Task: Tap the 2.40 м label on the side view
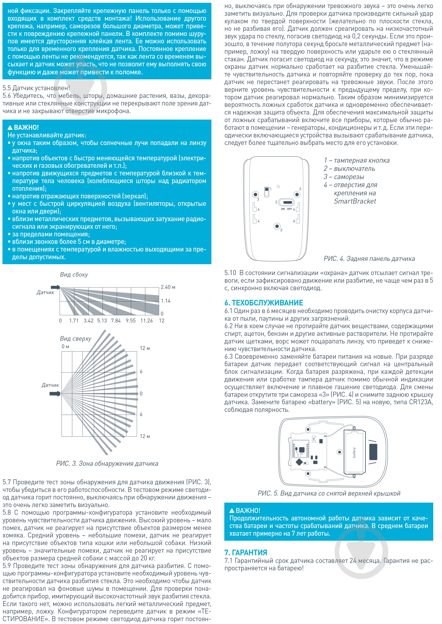point(168,287)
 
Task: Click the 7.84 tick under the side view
point(116,321)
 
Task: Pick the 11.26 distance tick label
point(146,321)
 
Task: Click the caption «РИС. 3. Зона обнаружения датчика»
point(107,464)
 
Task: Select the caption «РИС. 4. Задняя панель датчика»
point(369,259)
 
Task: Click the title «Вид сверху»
point(75,339)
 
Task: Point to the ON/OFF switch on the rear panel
point(287,202)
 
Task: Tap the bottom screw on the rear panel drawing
point(277,226)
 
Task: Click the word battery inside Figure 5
point(354,453)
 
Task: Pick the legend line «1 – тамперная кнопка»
point(357,161)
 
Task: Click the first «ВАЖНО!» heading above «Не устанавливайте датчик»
point(23,127)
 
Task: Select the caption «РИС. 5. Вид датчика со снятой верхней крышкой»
point(329,493)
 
